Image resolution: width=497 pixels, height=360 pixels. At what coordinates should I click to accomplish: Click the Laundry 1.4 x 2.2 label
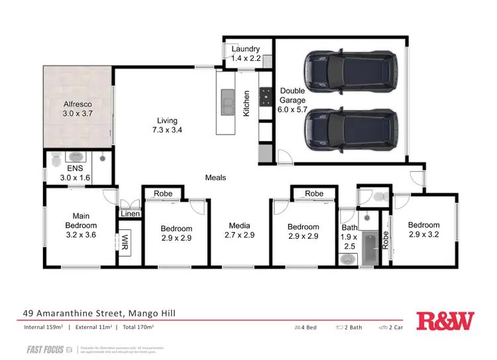(246, 54)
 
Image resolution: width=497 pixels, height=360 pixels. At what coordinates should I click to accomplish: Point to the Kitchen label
(247, 104)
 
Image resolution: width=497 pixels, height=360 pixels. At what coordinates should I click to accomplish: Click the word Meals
(215, 178)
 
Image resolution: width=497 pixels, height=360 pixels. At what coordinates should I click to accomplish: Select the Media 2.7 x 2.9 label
(239, 230)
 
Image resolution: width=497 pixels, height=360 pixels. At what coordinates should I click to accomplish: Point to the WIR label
(124, 243)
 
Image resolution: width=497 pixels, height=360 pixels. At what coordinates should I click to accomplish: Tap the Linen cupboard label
(129, 213)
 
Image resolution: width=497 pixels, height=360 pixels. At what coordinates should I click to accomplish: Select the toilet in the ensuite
(57, 158)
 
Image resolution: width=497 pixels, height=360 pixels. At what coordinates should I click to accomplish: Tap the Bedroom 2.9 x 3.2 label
(423, 230)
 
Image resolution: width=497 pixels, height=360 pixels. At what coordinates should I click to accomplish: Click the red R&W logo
(445, 321)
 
